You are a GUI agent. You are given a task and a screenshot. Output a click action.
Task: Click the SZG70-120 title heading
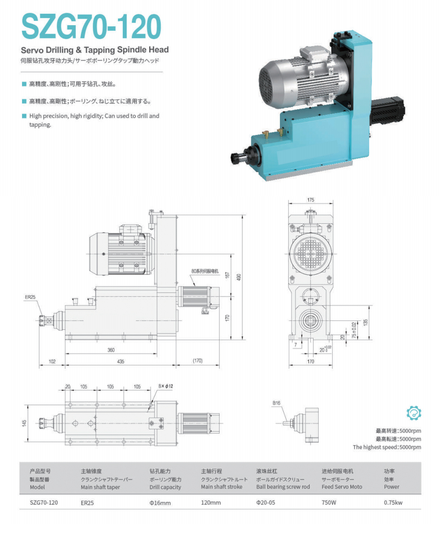[91, 26]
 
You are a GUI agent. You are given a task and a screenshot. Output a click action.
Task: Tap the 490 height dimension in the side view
[239, 277]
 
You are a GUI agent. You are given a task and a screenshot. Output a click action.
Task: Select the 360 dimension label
[111, 350]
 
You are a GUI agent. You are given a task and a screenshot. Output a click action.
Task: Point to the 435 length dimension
[120, 361]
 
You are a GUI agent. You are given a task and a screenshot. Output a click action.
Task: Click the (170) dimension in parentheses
[197, 361]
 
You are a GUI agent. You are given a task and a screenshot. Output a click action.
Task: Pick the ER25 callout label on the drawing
[30, 297]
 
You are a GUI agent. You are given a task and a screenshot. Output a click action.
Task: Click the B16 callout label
[276, 403]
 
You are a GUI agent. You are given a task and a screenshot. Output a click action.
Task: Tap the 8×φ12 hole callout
[166, 386]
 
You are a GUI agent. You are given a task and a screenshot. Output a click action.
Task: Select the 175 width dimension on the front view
[310, 200]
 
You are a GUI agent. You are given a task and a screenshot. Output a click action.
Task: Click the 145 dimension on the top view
[24, 423]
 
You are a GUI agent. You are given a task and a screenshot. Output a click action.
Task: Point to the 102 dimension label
[52, 361]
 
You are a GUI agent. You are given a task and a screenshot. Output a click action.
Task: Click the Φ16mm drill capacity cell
[160, 503]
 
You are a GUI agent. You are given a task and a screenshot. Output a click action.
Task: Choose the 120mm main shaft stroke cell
[211, 503]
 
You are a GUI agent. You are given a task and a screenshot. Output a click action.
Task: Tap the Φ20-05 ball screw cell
[266, 503]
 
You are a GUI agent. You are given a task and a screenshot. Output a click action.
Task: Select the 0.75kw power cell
[393, 503]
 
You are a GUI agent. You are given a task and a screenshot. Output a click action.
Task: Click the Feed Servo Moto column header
[341, 487]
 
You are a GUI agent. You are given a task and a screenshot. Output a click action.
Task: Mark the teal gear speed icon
[413, 413]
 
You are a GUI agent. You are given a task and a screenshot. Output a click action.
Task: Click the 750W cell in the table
[329, 503]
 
